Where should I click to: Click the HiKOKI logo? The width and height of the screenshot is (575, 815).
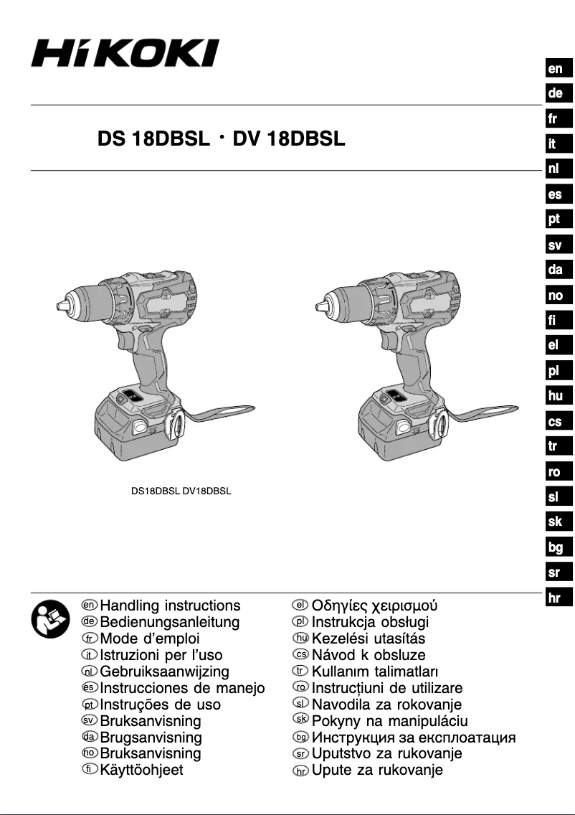(125, 54)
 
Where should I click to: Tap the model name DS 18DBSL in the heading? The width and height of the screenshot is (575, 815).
(153, 138)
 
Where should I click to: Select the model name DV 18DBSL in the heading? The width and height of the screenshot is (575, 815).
(289, 138)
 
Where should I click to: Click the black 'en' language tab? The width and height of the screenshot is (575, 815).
(556, 69)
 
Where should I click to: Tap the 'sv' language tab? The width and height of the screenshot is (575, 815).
(556, 245)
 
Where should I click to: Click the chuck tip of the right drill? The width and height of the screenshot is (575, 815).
(320, 307)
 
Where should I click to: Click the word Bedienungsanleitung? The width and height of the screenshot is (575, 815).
(170, 622)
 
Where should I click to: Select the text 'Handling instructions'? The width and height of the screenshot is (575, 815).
(170, 606)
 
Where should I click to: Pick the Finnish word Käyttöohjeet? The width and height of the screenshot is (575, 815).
(141, 770)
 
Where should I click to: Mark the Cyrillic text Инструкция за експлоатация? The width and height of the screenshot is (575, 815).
(413, 737)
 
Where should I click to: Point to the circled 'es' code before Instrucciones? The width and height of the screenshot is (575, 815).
(89, 687)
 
